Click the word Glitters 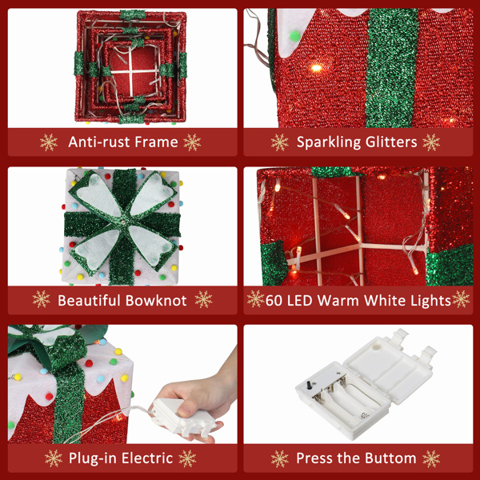pyautogui.click(x=393, y=142)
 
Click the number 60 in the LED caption pyautogui.click(x=276, y=301)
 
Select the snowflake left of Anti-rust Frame pyautogui.click(x=50, y=142)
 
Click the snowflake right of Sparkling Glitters pyautogui.click(x=431, y=142)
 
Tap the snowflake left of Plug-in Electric pyautogui.click(x=54, y=458)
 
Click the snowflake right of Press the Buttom pyautogui.click(x=430, y=458)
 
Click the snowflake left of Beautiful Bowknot pyautogui.click(x=41, y=301)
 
